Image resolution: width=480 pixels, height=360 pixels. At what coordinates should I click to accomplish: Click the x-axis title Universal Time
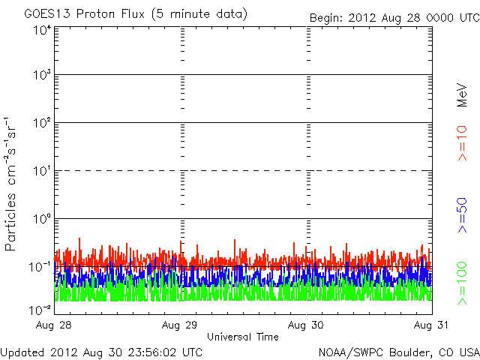(243, 337)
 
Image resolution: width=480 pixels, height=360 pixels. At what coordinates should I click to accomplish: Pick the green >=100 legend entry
(463, 281)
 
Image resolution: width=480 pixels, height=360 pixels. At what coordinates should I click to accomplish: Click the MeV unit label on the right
(463, 95)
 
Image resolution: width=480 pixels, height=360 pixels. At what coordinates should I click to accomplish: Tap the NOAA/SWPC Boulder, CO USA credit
(398, 352)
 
